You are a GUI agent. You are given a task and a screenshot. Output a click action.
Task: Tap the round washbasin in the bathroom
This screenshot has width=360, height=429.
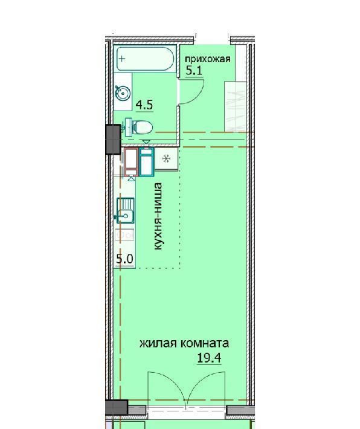pyautogui.click(x=123, y=92)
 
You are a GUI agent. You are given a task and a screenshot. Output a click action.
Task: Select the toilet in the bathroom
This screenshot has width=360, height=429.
pyautogui.click(x=138, y=127)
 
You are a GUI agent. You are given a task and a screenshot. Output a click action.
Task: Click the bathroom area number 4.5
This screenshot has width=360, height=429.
pyautogui.click(x=145, y=105)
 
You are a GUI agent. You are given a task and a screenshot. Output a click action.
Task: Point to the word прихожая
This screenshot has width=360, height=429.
pyautogui.click(x=208, y=59)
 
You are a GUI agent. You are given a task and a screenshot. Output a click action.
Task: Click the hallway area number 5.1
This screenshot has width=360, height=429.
pyautogui.click(x=194, y=71)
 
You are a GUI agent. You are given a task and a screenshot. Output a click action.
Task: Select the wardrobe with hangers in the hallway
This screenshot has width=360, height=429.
pyautogui.click(x=235, y=106)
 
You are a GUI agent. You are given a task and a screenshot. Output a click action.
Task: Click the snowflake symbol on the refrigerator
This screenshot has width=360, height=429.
pyautogui.click(x=167, y=159)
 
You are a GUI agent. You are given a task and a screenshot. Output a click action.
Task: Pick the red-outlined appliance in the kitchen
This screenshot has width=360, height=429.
pyautogui.click(x=131, y=162)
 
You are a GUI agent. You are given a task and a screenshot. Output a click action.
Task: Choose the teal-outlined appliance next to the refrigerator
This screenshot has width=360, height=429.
pyautogui.click(x=147, y=162)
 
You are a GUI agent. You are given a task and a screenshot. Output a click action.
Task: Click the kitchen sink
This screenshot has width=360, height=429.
pyautogui.click(x=125, y=210)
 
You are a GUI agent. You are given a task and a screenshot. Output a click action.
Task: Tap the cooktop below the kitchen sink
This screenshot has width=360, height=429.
pyautogui.click(x=125, y=235)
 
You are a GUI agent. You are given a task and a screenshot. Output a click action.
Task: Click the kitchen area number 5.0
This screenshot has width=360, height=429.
pyautogui.click(x=124, y=259)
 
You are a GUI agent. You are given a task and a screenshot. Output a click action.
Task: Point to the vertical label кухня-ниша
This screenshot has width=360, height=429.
pyautogui.click(x=158, y=216)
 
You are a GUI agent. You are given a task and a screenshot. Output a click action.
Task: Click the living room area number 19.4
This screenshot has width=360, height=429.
pyautogui.click(x=209, y=358)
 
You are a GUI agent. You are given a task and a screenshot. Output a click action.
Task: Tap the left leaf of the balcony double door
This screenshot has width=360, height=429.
pyautogui.click(x=167, y=389)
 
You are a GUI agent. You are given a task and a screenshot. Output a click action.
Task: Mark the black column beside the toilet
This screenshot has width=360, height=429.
pyautogui.click(x=113, y=139)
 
